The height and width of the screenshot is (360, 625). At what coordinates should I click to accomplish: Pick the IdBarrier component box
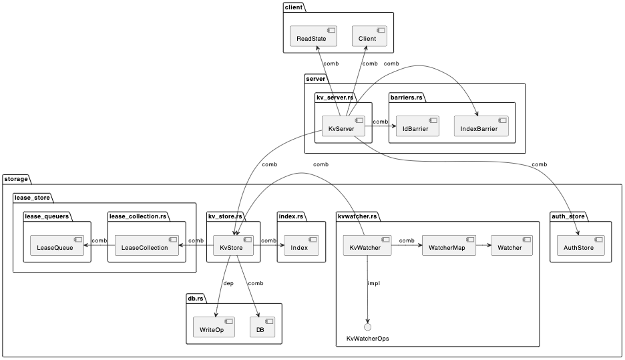[417, 126]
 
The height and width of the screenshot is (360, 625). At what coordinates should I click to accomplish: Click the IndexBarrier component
[481, 126]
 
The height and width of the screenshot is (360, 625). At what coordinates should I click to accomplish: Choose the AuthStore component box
[580, 245]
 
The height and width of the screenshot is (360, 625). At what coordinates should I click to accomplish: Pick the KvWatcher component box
[366, 245]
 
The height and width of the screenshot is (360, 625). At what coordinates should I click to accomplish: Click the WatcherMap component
[449, 245]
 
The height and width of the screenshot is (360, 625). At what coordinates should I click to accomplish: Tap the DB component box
[262, 327]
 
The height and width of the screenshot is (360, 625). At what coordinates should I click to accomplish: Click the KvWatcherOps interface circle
[367, 327]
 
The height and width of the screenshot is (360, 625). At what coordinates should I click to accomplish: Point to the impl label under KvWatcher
[374, 283]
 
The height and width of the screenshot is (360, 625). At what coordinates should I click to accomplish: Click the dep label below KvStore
[228, 283]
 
